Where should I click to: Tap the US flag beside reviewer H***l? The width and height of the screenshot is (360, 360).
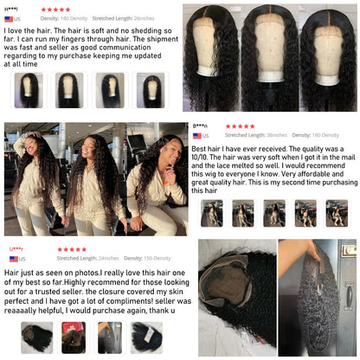(10, 18)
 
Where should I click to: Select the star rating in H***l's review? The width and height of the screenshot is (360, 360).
(55, 10)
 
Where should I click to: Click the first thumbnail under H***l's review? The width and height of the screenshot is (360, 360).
(28, 88)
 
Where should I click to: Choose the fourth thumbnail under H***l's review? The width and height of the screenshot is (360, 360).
(153, 88)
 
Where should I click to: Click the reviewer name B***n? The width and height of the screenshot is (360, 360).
(200, 126)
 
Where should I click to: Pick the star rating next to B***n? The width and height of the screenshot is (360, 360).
(240, 126)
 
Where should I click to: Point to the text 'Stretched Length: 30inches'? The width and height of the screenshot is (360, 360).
(255, 135)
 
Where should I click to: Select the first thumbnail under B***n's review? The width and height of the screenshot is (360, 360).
(211, 213)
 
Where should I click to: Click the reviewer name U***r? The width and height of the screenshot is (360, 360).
(16, 250)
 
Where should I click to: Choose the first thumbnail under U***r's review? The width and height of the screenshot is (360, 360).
(36, 337)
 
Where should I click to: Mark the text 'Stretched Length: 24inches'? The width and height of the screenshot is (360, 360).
(87, 259)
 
